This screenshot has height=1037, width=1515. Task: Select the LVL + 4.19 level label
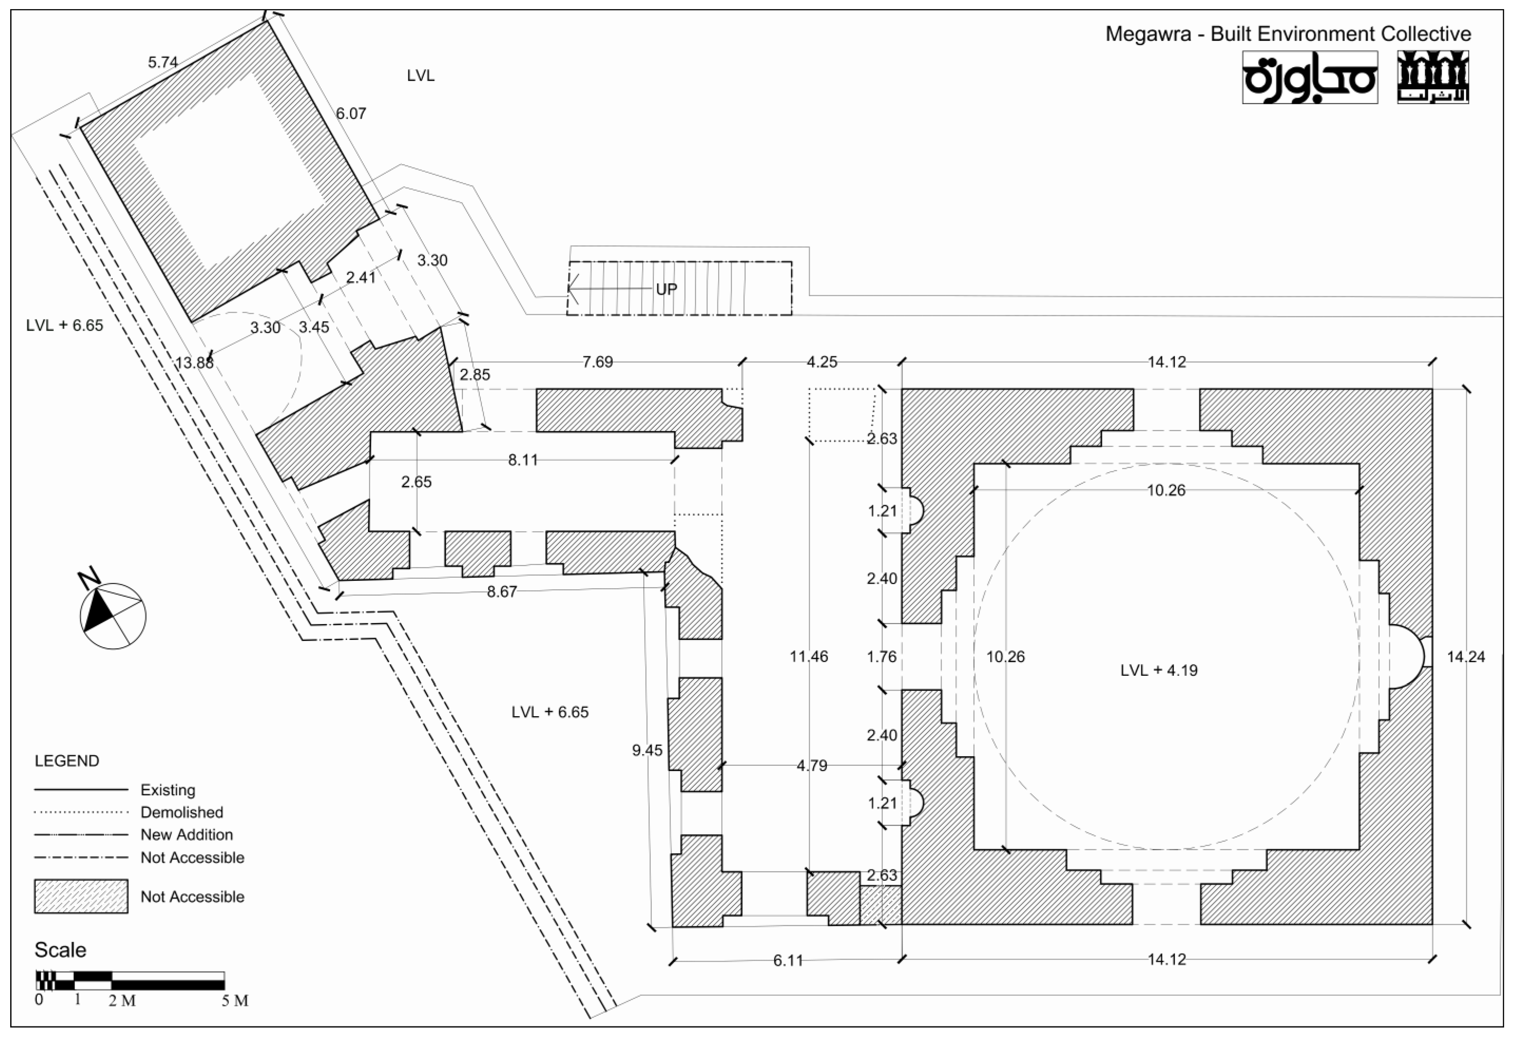click(1159, 670)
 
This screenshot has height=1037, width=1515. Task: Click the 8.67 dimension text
click(502, 592)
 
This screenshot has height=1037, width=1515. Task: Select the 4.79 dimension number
click(812, 766)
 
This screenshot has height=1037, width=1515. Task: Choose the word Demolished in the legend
click(182, 812)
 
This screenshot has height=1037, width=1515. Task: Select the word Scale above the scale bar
click(60, 949)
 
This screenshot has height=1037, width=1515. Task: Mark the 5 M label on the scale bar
click(235, 1000)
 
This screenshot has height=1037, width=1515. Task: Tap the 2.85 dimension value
click(475, 375)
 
